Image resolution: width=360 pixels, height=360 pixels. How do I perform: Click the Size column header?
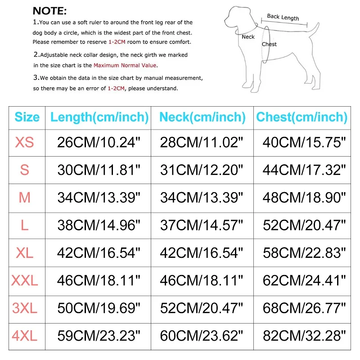click(27, 117)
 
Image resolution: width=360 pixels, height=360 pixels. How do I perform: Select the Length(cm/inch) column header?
click(99, 117)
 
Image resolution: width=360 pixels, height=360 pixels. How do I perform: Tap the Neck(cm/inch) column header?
click(202, 117)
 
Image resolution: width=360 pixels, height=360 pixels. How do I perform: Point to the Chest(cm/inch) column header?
click(301, 117)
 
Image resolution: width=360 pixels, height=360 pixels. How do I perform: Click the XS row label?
click(24, 143)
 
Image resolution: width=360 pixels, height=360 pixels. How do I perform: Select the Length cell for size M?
click(99, 197)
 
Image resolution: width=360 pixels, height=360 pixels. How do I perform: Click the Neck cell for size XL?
click(202, 253)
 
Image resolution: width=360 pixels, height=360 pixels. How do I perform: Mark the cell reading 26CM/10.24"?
click(99, 143)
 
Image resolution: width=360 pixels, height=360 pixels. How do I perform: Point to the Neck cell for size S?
click(202, 170)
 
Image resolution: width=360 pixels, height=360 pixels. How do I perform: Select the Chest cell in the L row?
click(305, 225)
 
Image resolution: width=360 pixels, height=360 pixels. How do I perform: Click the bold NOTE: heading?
click(49, 11)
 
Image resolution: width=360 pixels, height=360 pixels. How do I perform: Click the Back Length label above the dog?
click(283, 17)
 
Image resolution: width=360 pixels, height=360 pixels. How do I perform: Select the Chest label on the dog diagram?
click(269, 44)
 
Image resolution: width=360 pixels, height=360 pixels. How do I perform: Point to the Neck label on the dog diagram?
click(248, 37)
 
